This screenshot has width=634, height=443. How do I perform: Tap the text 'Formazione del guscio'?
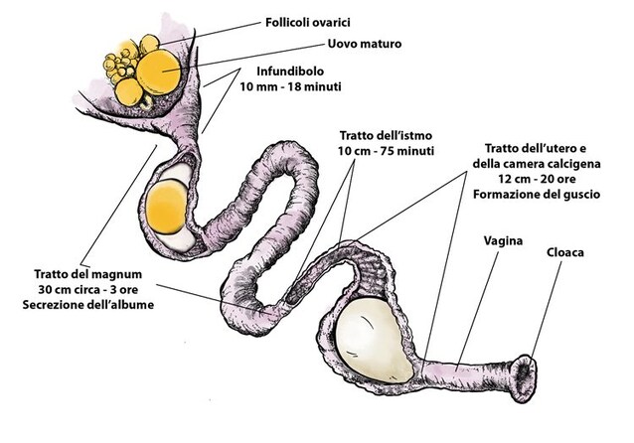536,196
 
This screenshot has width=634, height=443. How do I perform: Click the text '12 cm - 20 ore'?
536,180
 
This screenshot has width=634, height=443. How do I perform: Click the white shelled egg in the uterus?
369,339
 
